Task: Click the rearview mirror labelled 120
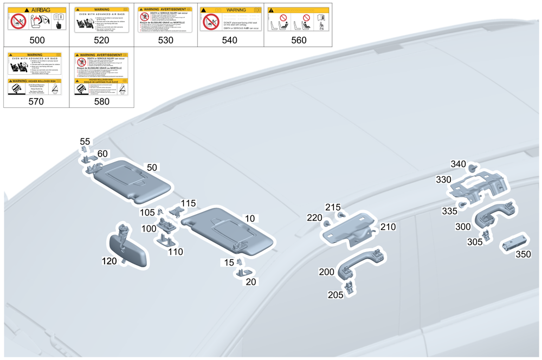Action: (130, 249)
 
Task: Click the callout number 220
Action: (314, 218)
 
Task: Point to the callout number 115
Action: (188, 203)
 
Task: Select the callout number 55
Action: (85, 142)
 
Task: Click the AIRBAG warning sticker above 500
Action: (37, 18)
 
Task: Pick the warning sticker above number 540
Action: (230, 18)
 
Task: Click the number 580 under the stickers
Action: (101, 101)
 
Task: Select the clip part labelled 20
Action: (242, 273)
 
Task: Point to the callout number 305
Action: (475, 242)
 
